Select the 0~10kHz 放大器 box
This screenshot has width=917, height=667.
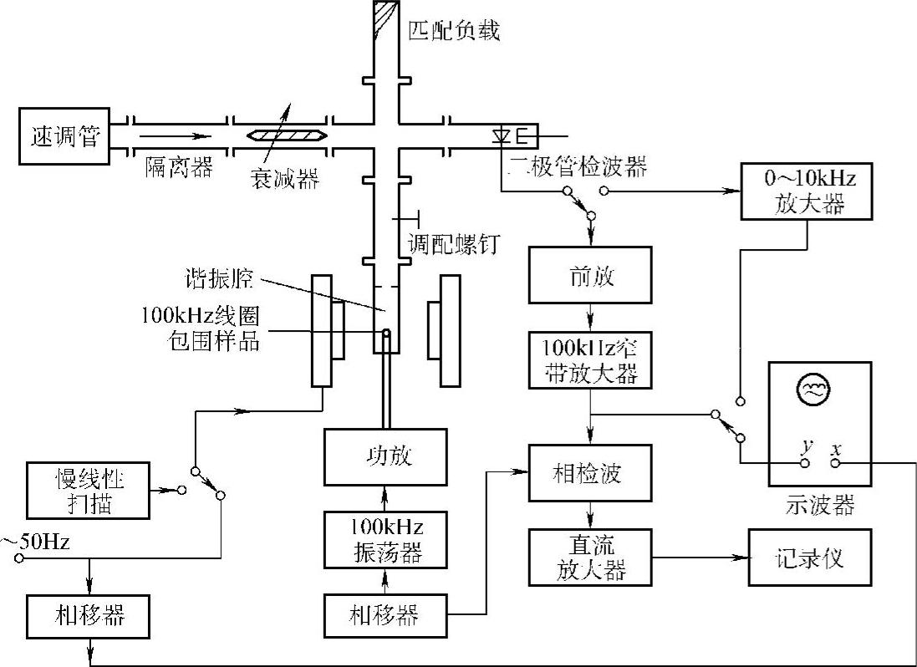click(807, 191)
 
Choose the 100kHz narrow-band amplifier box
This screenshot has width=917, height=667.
click(590, 359)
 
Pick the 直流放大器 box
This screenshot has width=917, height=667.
click(590, 558)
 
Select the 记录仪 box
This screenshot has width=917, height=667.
click(808, 558)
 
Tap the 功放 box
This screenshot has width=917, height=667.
click(385, 458)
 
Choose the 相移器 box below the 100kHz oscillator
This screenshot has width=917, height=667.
click(385, 616)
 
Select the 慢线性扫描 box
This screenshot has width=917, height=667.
click(87, 489)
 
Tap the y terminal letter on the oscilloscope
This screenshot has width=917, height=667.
click(806, 448)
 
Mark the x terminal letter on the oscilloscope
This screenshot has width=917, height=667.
click(833, 448)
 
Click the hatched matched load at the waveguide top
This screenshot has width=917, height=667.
click(385, 18)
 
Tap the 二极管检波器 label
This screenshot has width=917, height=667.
click(577, 167)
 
